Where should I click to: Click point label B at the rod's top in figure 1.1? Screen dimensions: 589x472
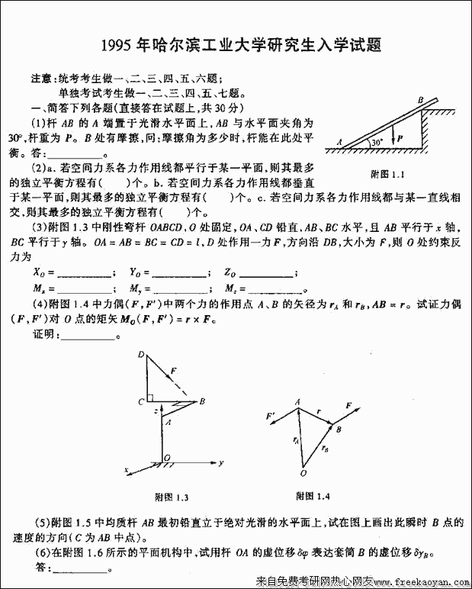pos(420,99)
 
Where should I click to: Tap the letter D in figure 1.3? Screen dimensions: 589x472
pos(141,354)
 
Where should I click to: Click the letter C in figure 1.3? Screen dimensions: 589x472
pos(142,401)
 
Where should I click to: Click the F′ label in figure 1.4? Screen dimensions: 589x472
pos(269,417)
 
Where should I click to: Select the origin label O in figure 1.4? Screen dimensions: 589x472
pos(303,471)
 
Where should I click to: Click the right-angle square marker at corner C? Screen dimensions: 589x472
pos(153,397)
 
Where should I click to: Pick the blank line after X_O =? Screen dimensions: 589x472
pos(84,274)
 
